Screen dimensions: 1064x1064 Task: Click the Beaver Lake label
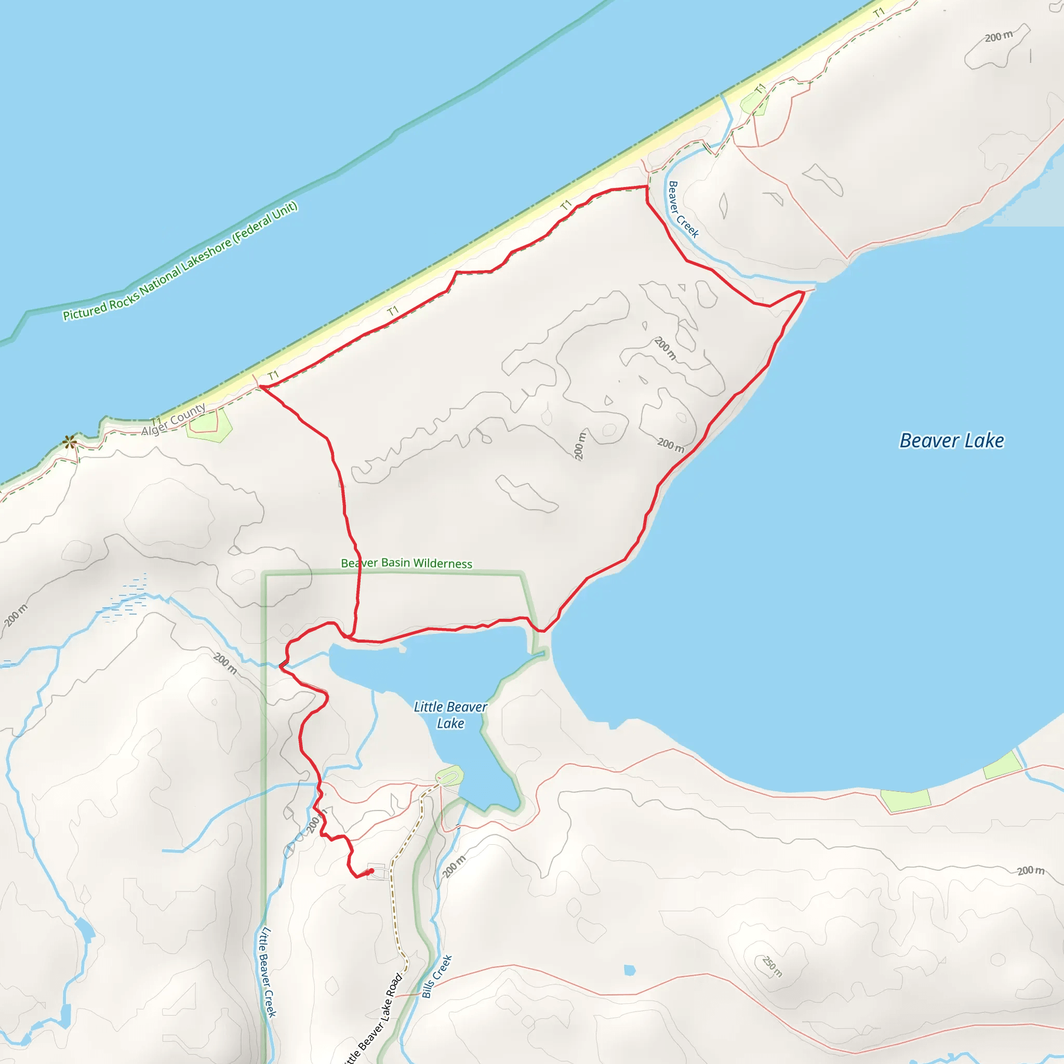click(x=951, y=441)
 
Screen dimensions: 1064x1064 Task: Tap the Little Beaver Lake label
click(x=450, y=715)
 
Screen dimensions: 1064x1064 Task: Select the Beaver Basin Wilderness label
click(x=406, y=563)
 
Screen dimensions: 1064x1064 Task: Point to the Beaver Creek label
click(x=683, y=209)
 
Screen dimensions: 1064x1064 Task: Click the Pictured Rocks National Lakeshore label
click(x=180, y=262)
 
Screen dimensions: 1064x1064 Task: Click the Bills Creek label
click(x=437, y=976)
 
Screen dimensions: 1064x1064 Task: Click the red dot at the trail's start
click(x=370, y=871)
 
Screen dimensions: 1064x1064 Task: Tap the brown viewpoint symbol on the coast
click(x=70, y=441)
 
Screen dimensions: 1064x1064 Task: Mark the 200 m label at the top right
click(x=999, y=36)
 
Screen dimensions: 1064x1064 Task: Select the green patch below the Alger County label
click(x=208, y=425)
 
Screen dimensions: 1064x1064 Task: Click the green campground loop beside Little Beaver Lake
click(x=449, y=777)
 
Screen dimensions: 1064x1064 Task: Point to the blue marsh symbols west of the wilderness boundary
click(x=127, y=600)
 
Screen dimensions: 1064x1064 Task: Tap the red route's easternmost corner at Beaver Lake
click(x=804, y=293)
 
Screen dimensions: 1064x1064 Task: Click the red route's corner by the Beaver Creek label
click(x=646, y=187)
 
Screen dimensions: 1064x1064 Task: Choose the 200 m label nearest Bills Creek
click(x=454, y=867)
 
